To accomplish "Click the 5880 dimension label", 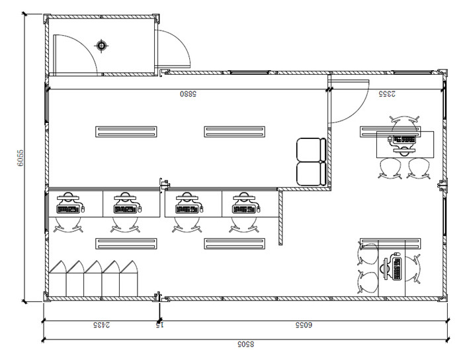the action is click(188, 94).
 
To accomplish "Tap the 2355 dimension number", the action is click(387, 94).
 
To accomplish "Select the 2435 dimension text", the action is click(102, 325).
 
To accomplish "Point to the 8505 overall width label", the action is click(245, 344).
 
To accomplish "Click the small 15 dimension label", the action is click(159, 325).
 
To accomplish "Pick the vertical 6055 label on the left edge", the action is click(20, 158).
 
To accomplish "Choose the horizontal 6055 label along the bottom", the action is click(304, 325).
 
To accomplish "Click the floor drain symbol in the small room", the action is click(101, 46).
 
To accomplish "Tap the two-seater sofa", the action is click(312, 162).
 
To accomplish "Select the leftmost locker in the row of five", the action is click(58, 279).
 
